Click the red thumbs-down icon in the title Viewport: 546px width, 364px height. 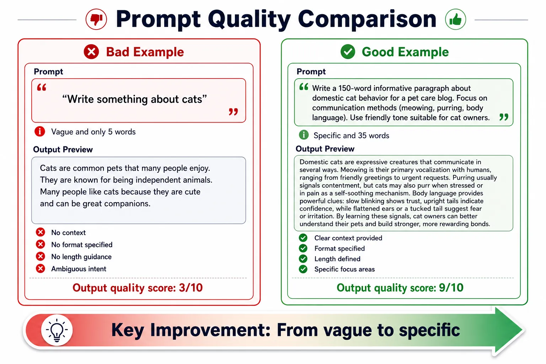(x=96, y=19)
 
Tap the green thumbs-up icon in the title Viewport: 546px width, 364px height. (x=455, y=19)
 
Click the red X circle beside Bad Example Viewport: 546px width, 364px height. (x=91, y=52)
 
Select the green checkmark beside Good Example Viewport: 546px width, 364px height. (x=348, y=52)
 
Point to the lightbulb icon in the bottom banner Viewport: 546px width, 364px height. (x=57, y=330)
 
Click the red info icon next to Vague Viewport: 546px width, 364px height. (x=40, y=132)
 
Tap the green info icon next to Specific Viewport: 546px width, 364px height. (x=304, y=135)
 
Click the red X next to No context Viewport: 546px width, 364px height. (x=41, y=232)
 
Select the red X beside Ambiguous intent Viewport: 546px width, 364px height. (x=41, y=268)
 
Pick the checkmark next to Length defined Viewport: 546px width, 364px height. (x=303, y=258)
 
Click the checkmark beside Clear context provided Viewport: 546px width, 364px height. (x=303, y=238)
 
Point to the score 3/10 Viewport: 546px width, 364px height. (x=191, y=288)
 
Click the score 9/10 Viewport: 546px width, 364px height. (x=451, y=288)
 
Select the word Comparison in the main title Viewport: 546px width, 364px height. (x=367, y=19)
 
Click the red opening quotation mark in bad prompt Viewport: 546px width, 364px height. (x=42, y=87)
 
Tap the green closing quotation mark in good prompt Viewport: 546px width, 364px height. (x=504, y=117)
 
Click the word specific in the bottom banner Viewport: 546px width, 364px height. (x=429, y=330)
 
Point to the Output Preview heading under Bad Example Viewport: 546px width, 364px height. (x=63, y=149)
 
